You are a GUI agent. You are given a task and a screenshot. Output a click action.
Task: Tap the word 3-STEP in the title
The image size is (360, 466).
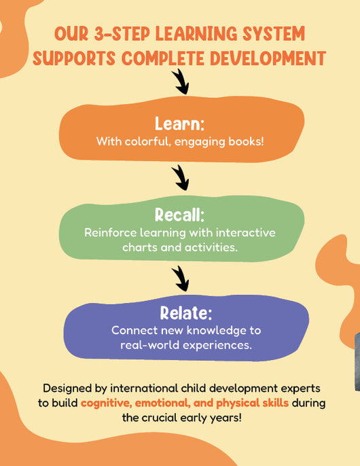[122, 33]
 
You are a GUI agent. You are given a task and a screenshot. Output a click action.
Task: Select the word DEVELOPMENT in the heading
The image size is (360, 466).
[268, 58]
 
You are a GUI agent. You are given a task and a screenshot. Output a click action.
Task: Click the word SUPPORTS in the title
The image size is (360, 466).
[74, 58]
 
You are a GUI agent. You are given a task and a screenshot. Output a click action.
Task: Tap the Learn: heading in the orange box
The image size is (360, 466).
[179, 124]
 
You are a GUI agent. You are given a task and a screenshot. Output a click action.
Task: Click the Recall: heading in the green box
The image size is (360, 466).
[179, 215]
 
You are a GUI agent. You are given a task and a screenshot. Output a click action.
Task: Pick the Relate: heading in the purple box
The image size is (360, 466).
[186, 313]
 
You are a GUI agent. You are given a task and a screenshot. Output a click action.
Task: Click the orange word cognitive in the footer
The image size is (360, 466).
[107, 404]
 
